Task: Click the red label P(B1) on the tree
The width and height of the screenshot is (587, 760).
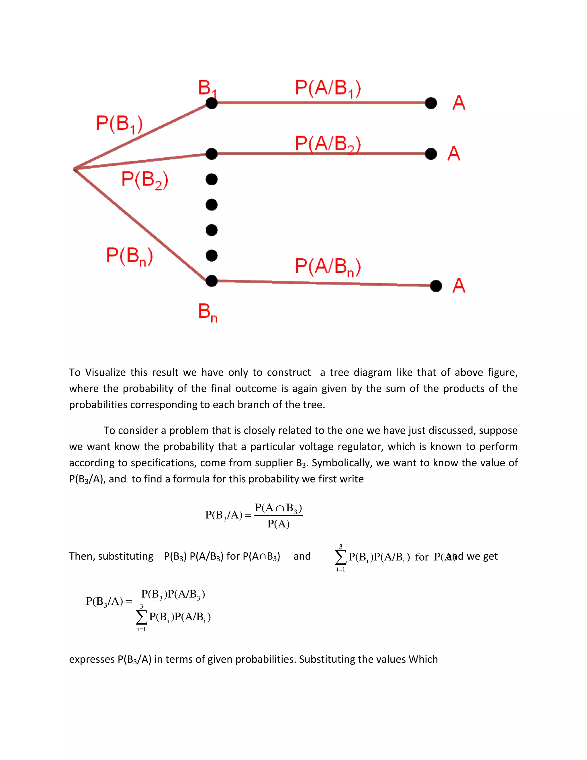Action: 119,124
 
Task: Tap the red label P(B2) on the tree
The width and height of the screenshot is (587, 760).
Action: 145,180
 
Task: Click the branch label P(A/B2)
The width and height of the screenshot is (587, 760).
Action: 328,144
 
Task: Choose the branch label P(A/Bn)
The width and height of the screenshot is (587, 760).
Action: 328,267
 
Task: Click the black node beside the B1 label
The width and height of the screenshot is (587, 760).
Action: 212,103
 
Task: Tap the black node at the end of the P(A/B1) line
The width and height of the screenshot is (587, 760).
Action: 431,103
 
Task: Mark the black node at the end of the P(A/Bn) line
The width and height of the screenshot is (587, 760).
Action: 436,286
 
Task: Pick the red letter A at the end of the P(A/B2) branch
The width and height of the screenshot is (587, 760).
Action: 454,153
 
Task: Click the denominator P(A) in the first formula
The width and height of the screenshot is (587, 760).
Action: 278,524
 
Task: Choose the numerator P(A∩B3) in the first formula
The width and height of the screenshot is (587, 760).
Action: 278,508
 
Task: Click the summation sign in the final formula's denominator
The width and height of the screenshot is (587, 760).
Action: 141,617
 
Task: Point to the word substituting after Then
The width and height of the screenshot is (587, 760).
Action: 126,556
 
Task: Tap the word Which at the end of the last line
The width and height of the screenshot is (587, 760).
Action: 423,659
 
